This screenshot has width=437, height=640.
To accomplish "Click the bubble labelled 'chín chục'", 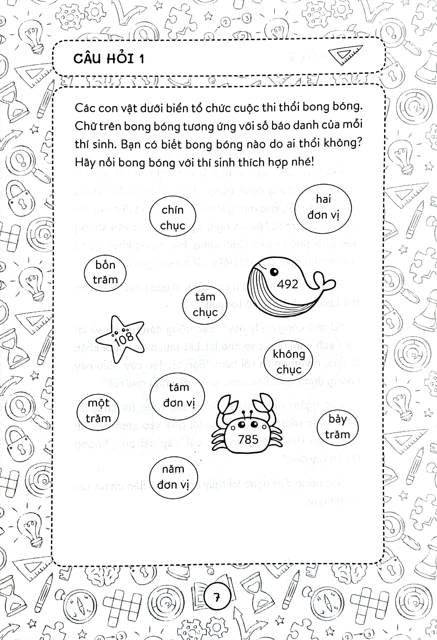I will coord(172,218).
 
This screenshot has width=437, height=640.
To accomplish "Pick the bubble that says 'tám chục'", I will coord(205,304).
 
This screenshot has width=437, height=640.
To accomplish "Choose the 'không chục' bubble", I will coord(289,362).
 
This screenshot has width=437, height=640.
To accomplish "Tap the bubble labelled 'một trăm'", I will coord(98,411).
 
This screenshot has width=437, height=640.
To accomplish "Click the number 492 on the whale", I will coord(287,284).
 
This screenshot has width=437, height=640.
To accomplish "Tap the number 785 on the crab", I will coord(248,439).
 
